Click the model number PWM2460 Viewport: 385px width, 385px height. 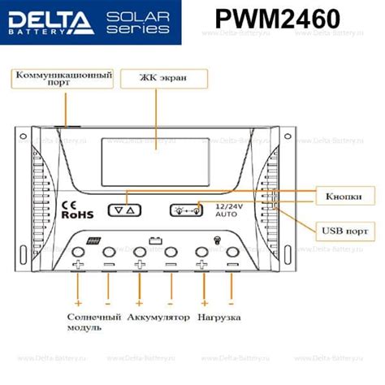pyautogui.click(x=279, y=20)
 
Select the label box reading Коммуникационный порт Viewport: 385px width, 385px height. pyautogui.click(x=63, y=78)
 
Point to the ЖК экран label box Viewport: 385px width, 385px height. pyautogui.click(x=162, y=79)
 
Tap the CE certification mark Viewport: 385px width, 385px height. pyautogui.click(x=69, y=204)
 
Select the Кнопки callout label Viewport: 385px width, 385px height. pyautogui.click(x=338, y=197)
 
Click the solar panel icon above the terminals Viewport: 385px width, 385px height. pyautogui.click(x=93, y=240)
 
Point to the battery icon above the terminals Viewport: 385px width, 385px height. pyautogui.click(x=154, y=240)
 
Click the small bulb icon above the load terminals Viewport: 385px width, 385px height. pyautogui.click(x=215, y=240)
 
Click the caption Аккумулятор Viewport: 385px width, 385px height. pyautogui.click(x=158, y=316)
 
